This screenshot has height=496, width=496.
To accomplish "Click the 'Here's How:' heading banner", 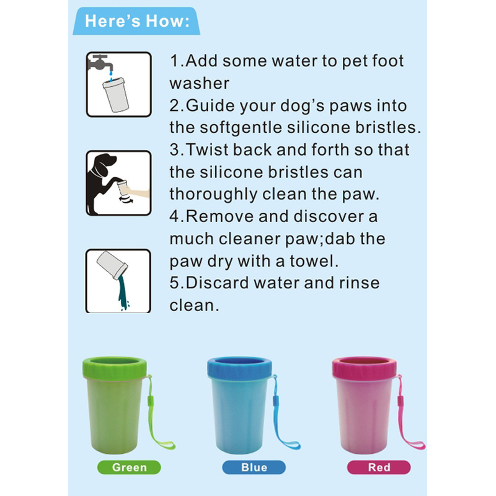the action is (x=136, y=21).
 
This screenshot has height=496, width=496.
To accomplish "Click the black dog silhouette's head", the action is (x=103, y=164).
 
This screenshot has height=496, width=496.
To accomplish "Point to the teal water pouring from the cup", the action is (x=123, y=293).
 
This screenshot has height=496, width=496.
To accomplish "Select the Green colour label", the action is (x=129, y=467).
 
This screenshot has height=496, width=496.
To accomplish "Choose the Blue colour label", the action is (x=254, y=467).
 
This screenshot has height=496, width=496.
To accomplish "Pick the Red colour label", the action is (x=379, y=467).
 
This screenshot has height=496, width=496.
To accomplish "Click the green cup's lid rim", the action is (x=115, y=368).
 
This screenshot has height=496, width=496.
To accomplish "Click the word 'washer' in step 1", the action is (x=199, y=84).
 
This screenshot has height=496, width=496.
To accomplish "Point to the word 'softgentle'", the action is (x=241, y=128).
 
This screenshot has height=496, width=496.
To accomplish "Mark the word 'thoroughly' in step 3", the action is (x=213, y=195).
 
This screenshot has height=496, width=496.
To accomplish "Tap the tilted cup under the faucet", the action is (x=116, y=95).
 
